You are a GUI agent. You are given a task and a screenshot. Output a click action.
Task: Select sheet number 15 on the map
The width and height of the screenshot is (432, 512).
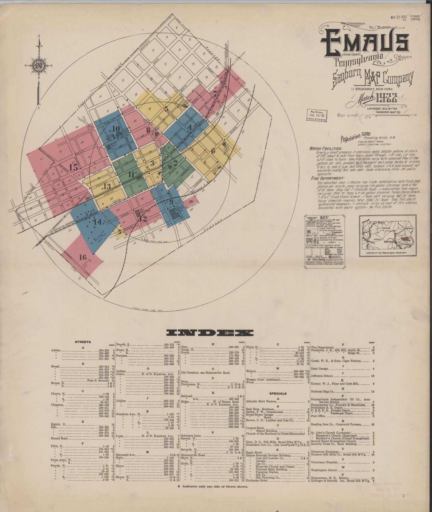(74, 167)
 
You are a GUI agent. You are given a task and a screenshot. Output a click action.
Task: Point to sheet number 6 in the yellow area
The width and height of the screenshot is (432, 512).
(213, 151)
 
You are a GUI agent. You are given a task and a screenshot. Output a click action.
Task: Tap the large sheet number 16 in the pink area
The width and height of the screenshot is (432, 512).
(83, 257)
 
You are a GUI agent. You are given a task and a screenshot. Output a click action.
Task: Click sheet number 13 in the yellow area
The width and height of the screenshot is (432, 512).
(107, 187)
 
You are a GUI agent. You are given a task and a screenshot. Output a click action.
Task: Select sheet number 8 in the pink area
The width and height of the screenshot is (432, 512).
(148, 130)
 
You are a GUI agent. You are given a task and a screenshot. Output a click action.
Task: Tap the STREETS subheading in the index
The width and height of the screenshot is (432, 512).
(83, 342)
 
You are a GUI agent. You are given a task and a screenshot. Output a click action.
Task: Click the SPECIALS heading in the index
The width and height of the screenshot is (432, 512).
(278, 393)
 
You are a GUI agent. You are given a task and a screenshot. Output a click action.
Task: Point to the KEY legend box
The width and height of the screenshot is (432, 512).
(324, 240)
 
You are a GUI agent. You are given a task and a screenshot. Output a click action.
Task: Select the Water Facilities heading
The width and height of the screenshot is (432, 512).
(326, 148)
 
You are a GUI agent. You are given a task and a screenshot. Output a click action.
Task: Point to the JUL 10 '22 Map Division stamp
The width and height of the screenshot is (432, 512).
(316, 114)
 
